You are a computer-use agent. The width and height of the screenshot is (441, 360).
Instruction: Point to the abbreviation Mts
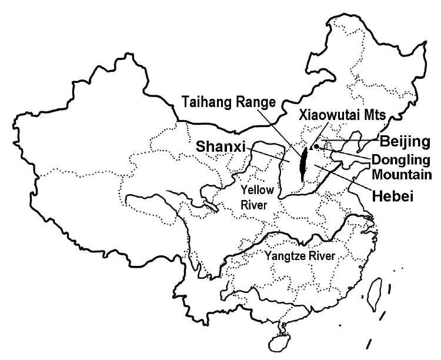pos(374,115)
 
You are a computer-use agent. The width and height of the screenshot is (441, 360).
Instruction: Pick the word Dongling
pos(397,159)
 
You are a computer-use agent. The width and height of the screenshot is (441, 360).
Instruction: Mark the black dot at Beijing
pos(316,146)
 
